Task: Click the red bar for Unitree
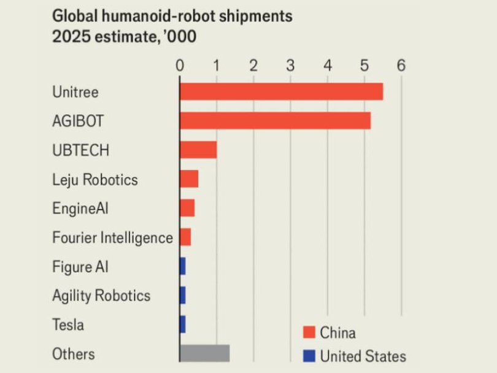point(281,91)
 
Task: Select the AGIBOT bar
point(275,121)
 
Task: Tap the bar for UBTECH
point(198,150)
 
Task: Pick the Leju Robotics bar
point(189,179)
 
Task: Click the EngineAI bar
point(187,208)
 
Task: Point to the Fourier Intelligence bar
point(185,237)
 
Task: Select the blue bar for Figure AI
point(182,266)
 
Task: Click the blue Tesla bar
point(182,324)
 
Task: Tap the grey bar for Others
point(204,353)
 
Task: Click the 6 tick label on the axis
point(401,65)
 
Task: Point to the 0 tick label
point(180,65)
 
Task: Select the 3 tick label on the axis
point(290,65)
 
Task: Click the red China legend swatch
point(309,333)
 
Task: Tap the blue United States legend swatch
point(309,356)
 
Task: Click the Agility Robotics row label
point(101,296)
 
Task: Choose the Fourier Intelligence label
point(113,237)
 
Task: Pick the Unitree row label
point(75,93)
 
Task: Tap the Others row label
point(74,354)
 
